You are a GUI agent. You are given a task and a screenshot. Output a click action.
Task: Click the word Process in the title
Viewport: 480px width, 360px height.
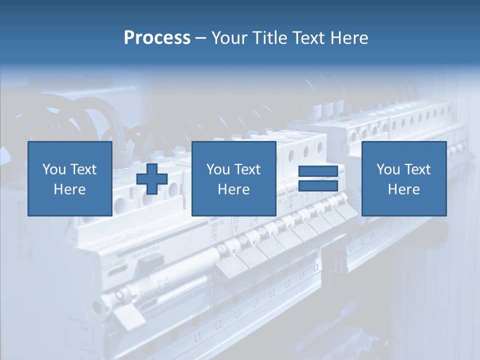point(157,38)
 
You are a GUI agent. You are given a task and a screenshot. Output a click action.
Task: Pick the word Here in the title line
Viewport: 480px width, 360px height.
point(350,38)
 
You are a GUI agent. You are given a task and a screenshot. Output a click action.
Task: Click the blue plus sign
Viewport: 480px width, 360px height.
point(152,178)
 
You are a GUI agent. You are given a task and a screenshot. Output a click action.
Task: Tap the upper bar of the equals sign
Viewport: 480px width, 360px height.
point(318,171)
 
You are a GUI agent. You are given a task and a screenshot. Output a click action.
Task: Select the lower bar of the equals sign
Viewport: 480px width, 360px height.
point(318,186)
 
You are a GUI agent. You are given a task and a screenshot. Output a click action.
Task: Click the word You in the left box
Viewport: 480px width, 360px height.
point(53,169)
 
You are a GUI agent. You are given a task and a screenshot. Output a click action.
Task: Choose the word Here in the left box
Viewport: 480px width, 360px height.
point(69,189)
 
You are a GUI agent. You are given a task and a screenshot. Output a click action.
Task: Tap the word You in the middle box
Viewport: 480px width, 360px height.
point(217,169)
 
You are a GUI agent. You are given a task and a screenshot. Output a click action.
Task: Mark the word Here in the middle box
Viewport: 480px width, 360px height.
point(233,189)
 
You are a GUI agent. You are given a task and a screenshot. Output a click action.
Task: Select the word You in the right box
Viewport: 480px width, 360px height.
point(387,169)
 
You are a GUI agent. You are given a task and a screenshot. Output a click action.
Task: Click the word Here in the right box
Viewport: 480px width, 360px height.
point(403,189)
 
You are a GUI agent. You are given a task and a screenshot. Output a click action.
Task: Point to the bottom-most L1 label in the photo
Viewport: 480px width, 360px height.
point(198,338)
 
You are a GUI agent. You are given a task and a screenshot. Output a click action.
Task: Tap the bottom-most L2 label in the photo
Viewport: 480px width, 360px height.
point(218,324)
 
